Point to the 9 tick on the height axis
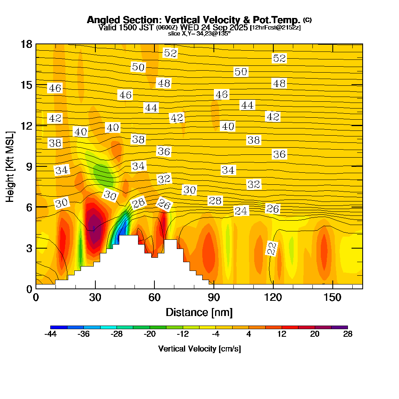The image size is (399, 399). (x=29, y=166)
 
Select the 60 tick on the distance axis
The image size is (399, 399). (x=154, y=297)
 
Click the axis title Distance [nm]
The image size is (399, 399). (x=199, y=312)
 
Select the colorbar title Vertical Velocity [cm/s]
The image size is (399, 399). (x=199, y=349)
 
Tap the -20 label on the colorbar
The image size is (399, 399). (x=150, y=334)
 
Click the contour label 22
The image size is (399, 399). (x=272, y=249)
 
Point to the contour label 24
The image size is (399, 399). (x=241, y=211)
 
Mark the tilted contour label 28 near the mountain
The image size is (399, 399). (x=138, y=203)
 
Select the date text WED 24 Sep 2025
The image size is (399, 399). (x=215, y=28)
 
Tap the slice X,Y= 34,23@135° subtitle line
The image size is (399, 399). (x=199, y=34)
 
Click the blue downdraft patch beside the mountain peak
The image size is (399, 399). (x=122, y=231)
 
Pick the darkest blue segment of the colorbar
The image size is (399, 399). (x=59, y=327)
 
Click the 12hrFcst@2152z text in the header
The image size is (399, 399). (x=275, y=28)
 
